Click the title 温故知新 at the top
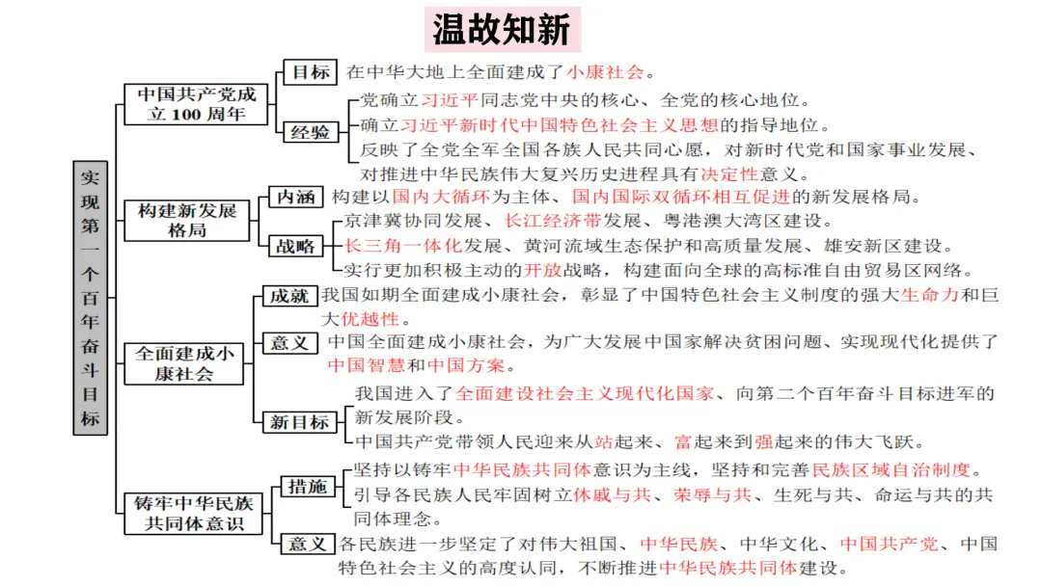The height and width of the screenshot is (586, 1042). [502, 30]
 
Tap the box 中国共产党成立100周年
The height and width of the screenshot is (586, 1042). [197, 104]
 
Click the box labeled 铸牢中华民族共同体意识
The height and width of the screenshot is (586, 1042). [198, 512]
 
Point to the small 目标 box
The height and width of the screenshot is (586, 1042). [310, 72]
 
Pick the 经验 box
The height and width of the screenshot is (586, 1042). [310, 133]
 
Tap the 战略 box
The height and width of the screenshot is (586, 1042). [294, 247]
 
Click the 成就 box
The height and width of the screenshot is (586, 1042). [290, 295]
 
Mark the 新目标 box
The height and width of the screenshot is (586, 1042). [300, 421]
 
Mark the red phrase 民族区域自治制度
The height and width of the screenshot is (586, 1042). [890, 471]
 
